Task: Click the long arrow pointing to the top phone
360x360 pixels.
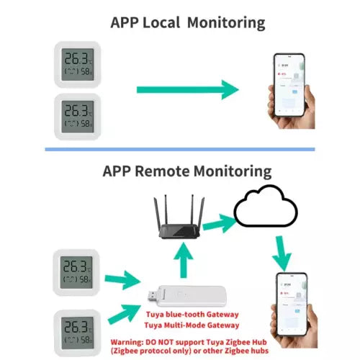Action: point(187,89)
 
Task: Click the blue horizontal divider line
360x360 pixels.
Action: point(180,149)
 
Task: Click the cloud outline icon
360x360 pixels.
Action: point(266,207)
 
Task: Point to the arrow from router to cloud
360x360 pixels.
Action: point(220,224)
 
